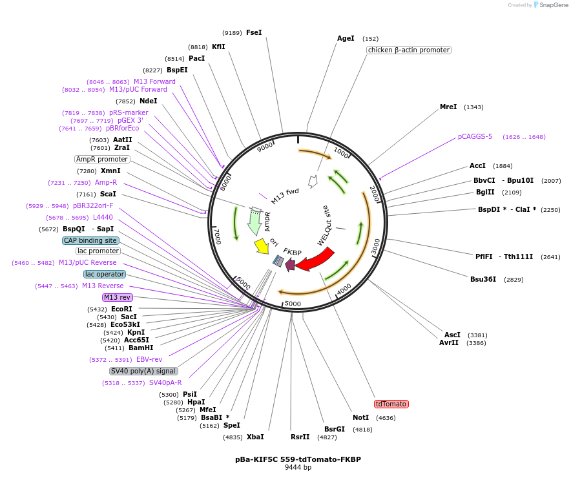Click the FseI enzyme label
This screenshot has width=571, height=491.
pos(254,32)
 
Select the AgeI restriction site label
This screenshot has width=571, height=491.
pos(346,38)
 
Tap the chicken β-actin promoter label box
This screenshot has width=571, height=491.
pos(408,50)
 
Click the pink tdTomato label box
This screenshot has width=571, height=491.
pos(391,404)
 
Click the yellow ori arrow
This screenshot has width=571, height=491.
pos(261,245)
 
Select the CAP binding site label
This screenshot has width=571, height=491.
pos(90,240)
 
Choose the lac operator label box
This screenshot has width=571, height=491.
pos(104,274)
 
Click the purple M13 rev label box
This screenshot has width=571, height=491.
pos(118,297)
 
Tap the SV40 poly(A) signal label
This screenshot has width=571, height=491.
pos(143,371)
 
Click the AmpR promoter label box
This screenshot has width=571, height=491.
pos(102,159)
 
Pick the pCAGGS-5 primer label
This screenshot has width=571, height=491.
pos(475,136)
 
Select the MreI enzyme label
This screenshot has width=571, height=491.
pos(448,107)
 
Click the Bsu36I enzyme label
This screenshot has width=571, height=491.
pos(483,279)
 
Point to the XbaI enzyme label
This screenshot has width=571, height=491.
pos(255,437)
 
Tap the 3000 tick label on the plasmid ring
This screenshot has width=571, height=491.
pos(376,246)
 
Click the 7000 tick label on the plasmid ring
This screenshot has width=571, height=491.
pos(218,236)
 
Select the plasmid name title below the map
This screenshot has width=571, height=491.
pos(298,459)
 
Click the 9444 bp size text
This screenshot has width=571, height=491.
pos(298,467)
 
